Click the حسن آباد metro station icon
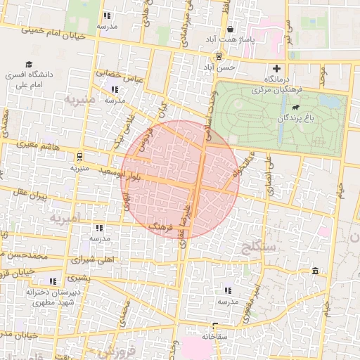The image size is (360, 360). click(219, 56)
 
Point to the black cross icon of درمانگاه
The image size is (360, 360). click(277, 69)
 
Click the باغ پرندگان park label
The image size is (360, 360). click(295, 119)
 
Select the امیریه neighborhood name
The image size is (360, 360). click(67, 217)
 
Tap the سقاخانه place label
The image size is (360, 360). click(214, 337)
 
